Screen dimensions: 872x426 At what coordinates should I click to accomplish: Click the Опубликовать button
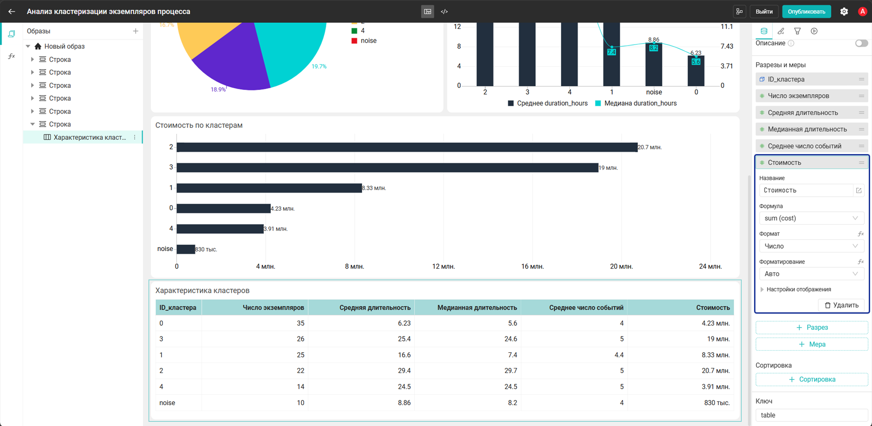(806, 12)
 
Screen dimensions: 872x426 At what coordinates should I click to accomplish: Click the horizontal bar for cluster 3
(387, 168)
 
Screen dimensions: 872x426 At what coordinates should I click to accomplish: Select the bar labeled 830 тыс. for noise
(186, 249)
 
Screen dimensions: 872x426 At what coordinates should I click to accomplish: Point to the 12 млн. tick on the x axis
(443, 266)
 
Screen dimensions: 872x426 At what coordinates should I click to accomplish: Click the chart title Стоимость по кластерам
(199, 125)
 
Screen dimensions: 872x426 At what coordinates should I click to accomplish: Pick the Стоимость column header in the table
(713, 308)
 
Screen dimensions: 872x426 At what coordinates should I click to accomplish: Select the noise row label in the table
(167, 403)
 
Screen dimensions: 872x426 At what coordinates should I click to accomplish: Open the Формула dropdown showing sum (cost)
(811, 218)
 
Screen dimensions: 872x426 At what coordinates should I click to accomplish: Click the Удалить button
(841, 305)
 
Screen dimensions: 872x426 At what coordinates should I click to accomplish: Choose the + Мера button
(811, 344)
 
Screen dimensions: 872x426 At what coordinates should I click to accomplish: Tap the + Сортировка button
(811, 380)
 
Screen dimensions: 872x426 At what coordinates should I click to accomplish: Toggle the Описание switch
(861, 43)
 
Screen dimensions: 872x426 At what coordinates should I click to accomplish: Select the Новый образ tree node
(64, 46)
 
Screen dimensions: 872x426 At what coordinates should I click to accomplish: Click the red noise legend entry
(364, 41)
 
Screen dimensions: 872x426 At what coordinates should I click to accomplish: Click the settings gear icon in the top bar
(844, 12)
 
